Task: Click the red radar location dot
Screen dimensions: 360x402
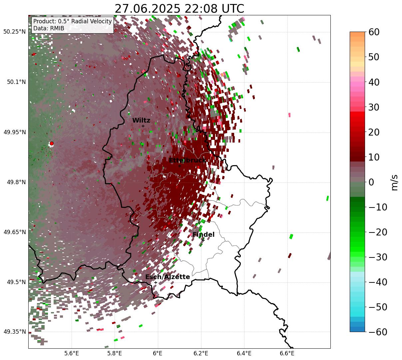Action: (x=51, y=144)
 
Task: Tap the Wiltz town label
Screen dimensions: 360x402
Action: (x=141, y=121)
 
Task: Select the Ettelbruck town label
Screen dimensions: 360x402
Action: (x=187, y=161)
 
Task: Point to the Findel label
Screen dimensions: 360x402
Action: (x=203, y=235)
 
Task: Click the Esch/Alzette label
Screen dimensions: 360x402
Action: (x=168, y=277)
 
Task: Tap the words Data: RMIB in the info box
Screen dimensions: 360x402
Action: (x=49, y=29)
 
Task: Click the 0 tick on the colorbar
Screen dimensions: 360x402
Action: (x=371, y=182)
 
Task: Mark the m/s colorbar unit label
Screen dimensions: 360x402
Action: (x=394, y=182)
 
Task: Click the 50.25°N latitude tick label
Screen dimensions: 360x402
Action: (x=14, y=32)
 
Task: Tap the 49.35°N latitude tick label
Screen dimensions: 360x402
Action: (x=14, y=332)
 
